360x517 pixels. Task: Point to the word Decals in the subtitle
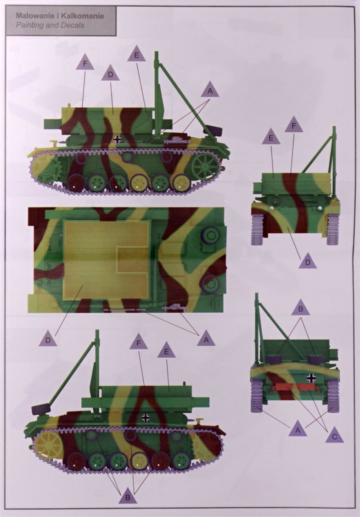pyautogui.click(x=73, y=25)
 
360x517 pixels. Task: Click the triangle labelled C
pyautogui.click(x=334, y=435)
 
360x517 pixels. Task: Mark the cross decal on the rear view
pyautogui.click(x=311, y=378)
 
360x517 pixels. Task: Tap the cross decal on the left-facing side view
pyautogui.click(x=118, y=139)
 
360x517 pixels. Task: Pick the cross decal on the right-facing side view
pyautogui.click(x=145, y=418)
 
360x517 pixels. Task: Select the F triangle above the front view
pyautogui.click(x=294, y=125)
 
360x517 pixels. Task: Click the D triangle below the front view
pyautogui.click(x=308, y=261)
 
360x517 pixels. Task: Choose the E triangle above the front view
pyautogui.click(x=271, y=137)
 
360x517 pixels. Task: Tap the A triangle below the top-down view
pyautogui.click(x=206, y=339)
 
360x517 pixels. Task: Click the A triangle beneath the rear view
pyautogui.click(x=298, y=429)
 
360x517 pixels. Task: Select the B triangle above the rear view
pyautogui.click(x=300, y=308)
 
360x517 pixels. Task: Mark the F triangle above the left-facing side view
pyautogui.click(x=85, y=62)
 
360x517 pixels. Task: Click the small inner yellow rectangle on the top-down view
pyautogui.click(x=132, y=260)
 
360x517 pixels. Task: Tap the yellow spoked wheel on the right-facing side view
pyautogui.click(x=49, y=446)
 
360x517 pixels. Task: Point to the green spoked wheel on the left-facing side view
pyautogui.click(x=205, y=167)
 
